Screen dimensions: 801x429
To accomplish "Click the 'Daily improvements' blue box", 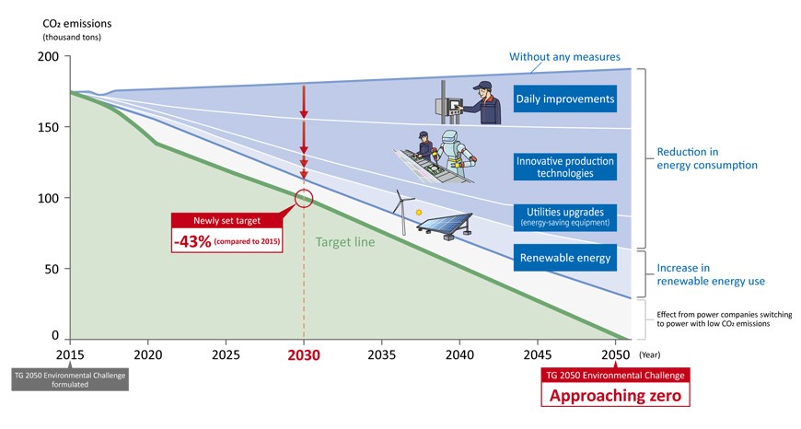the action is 565,99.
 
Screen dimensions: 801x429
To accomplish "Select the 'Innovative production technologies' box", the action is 565,167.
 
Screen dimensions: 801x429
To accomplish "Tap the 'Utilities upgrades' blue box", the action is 565,217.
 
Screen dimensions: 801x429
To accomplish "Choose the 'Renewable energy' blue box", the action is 565,258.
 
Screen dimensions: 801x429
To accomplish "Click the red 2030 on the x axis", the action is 304,355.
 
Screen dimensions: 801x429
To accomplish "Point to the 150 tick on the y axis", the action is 48,127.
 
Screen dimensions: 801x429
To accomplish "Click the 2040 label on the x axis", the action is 459,354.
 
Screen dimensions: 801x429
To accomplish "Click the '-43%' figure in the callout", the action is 192,241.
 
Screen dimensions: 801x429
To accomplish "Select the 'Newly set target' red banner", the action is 226,221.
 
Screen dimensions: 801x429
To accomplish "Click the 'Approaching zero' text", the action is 615,395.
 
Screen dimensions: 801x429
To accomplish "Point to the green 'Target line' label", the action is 345,242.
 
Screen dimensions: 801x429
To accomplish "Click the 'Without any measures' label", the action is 564,57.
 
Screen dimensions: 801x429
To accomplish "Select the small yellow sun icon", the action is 419,212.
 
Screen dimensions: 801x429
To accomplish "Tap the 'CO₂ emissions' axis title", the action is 77,24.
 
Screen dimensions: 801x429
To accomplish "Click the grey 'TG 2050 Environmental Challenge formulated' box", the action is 70,379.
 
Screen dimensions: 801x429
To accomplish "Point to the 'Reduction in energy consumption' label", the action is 707,158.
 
